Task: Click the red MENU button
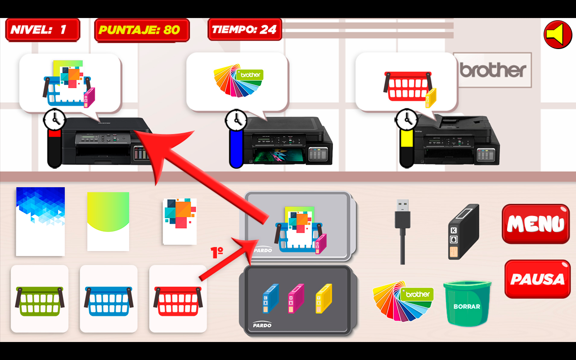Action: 536,224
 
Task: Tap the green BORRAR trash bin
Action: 467,303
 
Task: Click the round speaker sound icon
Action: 558,35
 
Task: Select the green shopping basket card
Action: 40,299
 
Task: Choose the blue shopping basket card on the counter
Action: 108,299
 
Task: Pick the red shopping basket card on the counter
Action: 178,299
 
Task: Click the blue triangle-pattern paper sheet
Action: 40,221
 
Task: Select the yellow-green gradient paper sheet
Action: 108,221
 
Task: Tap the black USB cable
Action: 402,231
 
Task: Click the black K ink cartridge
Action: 463,231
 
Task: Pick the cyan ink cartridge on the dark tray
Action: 271,298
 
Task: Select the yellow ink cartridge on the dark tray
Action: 324,298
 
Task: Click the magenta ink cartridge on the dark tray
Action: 296,298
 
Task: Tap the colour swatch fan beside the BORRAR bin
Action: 403,301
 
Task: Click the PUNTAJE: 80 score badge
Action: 142,30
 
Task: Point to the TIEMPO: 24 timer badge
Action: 245,29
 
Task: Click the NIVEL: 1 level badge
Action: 43,30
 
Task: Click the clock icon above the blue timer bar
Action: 236,120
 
